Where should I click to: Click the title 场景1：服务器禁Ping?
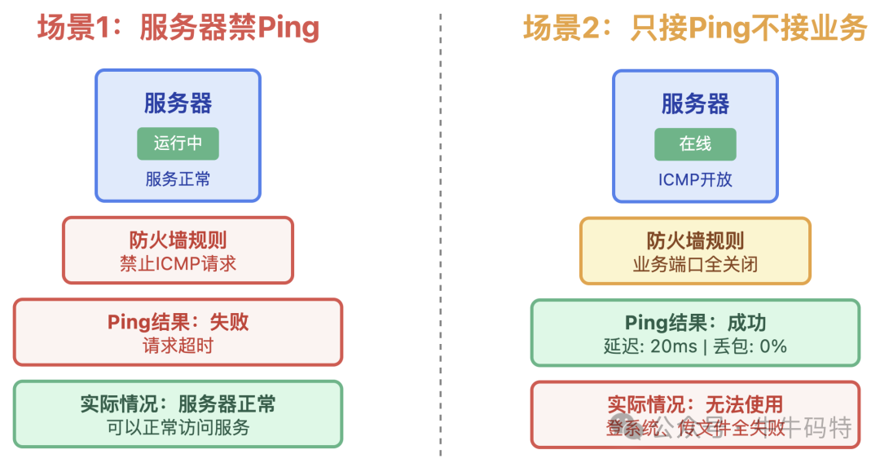coord(178,29)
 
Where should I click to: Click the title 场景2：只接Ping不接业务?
coord(695,29)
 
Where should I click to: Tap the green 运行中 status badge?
coord(178,143)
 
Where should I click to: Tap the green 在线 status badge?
coord(695,143)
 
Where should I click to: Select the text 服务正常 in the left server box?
coord(178,179)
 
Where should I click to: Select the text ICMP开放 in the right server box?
coord(695,179)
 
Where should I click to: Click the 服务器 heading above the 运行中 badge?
coord(178,104)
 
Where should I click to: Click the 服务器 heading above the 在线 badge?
coord(695,104)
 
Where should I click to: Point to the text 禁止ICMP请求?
coord(178,263)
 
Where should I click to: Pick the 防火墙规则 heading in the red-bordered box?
coord(178,240)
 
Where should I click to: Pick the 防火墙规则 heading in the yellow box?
coord(695,240)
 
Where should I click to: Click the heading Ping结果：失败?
coord(178,322)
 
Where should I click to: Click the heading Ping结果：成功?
coord(695,323)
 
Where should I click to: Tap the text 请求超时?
coord(178,346)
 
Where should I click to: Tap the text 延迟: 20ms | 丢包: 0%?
coord(695,346)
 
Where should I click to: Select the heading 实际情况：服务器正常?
coord(178,403)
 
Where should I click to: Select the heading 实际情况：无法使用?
coord(695,404)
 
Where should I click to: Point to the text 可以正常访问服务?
coord(178,427)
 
